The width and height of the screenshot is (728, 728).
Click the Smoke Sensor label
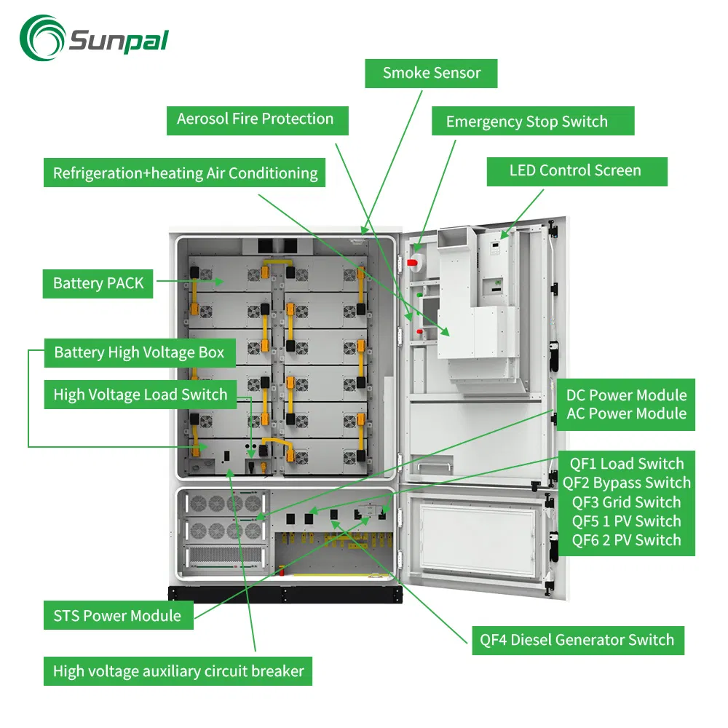click(432, 73)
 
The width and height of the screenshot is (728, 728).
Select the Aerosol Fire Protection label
click(255, 119)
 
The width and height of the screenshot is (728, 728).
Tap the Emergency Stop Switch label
click(526, 122)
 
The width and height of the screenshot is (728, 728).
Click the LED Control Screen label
click(575, 171)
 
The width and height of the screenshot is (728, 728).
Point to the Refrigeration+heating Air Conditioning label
click(185, 173)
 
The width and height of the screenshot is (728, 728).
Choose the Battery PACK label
click(98, 283)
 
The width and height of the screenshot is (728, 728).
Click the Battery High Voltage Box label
click(139, 353)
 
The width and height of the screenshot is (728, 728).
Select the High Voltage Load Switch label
click(141, 395)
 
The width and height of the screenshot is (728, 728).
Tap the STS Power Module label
click(117, 616)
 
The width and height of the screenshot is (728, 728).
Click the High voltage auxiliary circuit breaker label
click(178, 670)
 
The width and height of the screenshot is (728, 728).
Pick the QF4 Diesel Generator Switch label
click(577, 641)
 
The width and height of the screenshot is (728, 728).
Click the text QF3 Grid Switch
click(626, 502)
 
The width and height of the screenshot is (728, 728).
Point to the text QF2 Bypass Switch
click(626, 483)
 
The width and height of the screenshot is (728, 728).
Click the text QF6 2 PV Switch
click(626, 540)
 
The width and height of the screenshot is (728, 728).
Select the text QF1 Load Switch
click(626, 464)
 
